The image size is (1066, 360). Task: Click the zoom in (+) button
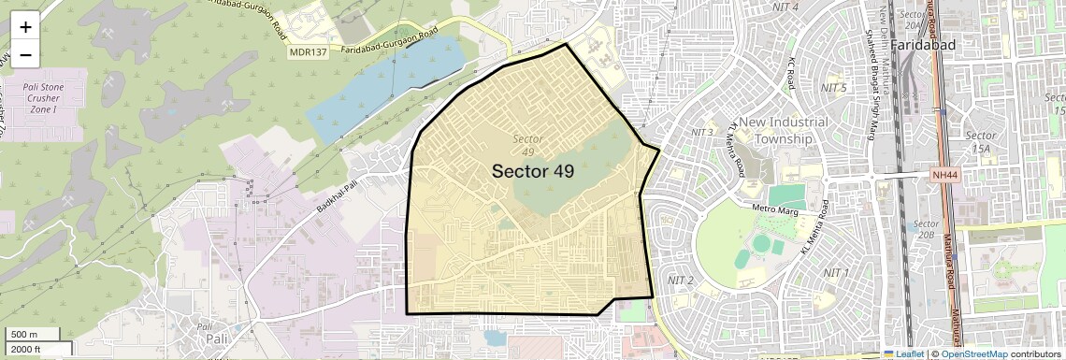click(x=25, y=27)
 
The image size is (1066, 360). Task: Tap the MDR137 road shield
click(x=309, y=52)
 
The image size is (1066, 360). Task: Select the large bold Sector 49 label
click(x=533, y=171)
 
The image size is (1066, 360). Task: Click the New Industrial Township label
click(x=785, y=131)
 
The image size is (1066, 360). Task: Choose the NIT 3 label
click(x=702, y=132)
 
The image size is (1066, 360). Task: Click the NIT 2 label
click(x=680, y=281)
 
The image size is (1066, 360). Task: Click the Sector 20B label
click(x=926, y=229)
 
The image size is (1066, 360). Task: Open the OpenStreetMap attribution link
click(x=973, y=354)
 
